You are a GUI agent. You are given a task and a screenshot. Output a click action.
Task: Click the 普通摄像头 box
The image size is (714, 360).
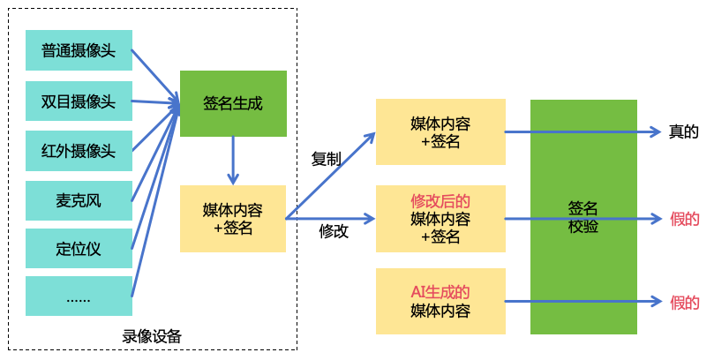pos(79,51)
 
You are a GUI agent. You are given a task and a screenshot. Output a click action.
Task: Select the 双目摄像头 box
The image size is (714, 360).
pos(79,100)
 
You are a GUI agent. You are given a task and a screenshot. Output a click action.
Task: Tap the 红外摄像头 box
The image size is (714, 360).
pos(79,149)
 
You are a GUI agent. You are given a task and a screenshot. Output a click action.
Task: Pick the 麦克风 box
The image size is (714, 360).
pos(79,199)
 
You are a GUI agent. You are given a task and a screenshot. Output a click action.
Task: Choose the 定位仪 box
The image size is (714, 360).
pos(79,249)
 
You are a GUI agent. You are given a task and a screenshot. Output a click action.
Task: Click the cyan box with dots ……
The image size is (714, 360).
pos(79,296)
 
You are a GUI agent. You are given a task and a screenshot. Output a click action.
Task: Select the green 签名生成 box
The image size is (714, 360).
pos(233,103)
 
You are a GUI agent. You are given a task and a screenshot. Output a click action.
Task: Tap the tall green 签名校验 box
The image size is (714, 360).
pos(583,217)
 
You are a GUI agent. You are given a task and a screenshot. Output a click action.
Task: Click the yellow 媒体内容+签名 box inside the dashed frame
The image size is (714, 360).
pos(233,219)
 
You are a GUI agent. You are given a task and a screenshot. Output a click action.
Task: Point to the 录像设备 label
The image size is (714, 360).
pos(152,336)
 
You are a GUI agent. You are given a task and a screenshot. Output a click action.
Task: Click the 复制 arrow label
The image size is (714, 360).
pos(326,160)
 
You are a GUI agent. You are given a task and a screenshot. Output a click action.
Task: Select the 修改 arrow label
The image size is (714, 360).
pos(333,231)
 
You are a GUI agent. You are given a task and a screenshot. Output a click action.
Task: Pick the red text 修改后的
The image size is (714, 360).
pos(440,201)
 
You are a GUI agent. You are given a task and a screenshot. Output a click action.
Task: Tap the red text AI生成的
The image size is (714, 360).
pos(440,291)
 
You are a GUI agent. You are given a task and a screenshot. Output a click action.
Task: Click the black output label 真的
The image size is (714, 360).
pos(683,132)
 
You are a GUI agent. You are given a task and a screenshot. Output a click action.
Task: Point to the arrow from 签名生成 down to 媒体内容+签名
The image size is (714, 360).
pos(233,159)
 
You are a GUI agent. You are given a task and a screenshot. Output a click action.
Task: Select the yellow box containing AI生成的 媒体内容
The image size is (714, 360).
pos(440,301)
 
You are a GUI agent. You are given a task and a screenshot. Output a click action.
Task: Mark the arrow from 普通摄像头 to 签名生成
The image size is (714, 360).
pos(154,72)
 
